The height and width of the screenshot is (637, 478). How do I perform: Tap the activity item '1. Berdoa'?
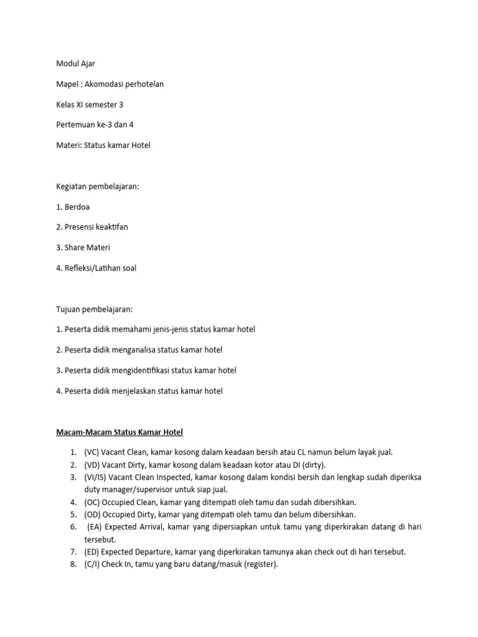[x=72, y=207]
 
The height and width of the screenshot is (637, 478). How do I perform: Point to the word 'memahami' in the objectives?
[x=135, y=329]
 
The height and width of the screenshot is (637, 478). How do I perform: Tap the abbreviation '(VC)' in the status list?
[x=91, y=452]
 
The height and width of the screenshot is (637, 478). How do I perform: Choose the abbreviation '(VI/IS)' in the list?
[x=96, y=477]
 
